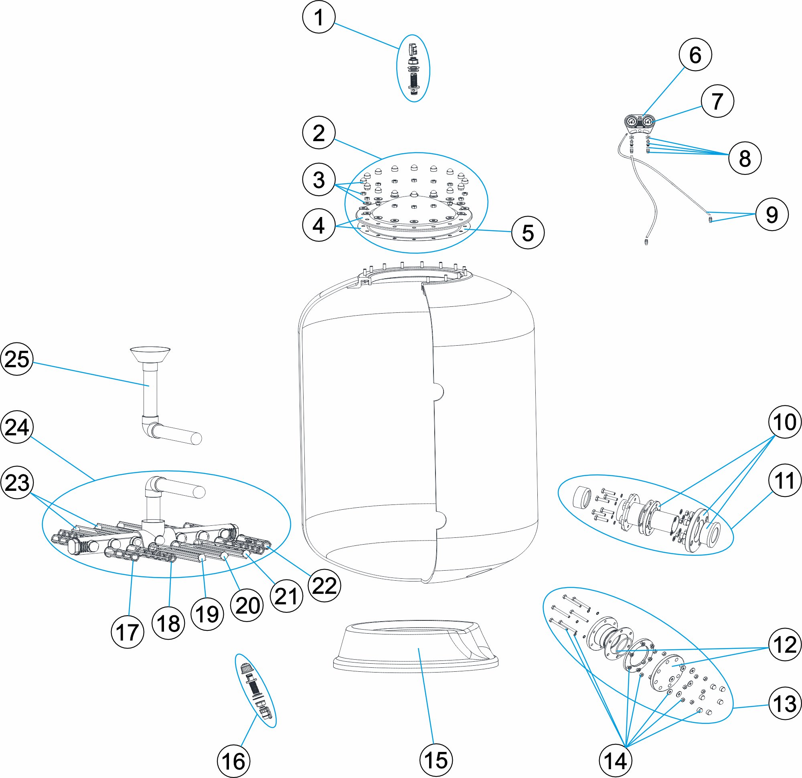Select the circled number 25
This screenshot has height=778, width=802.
[17, 359]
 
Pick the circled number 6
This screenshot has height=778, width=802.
[695, 55]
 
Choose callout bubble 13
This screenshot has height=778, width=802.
[785, 704]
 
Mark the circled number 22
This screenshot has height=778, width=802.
[324, 586]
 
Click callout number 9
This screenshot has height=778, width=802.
[772, 214]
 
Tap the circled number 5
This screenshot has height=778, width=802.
[528, 233]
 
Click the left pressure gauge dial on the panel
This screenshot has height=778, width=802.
[632, 122]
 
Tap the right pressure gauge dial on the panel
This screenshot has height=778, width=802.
[648, 122]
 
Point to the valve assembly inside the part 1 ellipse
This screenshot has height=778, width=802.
[414, 69]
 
